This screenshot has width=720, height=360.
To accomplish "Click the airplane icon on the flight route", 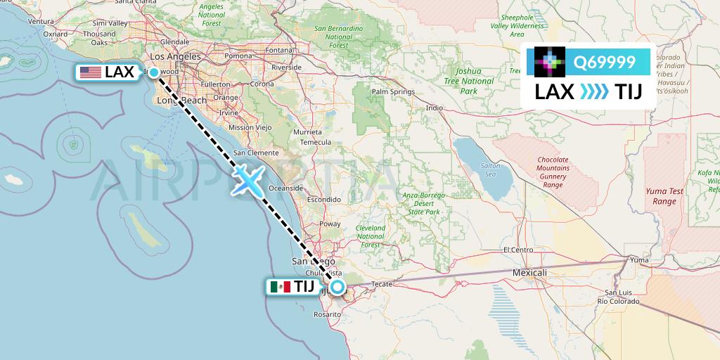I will click(x=248, y=179).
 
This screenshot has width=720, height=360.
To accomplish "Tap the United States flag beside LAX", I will click(x=90, y=72).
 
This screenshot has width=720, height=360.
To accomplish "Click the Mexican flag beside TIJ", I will click(x=281, y=287).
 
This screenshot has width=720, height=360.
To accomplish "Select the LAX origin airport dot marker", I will click(x=153, y=72).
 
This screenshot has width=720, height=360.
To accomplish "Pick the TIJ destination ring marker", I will click(x=338, y=286).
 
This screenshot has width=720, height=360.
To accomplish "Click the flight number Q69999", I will click(x=604, y=63).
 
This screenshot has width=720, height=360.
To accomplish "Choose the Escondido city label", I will click(x=323, y=200).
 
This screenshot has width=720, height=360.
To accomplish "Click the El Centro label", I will click(x=518, y=250).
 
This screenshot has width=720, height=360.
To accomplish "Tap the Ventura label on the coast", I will click(x=41, y=22).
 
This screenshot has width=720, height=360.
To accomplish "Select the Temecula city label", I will click(x=316, y=141).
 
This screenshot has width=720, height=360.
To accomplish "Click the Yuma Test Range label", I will click(x=664, y=196).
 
